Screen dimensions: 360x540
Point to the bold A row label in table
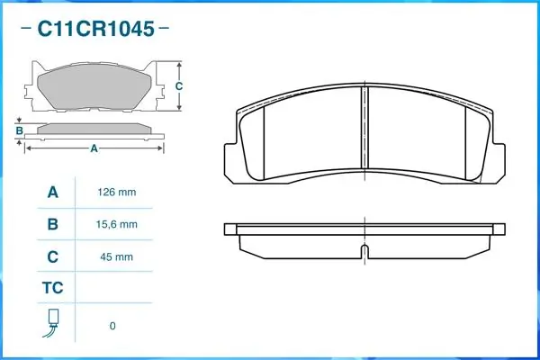coord(52,193)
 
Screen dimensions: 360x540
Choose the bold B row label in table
coord(52,224)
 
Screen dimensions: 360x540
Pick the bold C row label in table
coord(52,256)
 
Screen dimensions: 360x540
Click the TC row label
coord(52,289)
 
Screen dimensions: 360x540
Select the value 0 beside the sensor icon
coord(112,326)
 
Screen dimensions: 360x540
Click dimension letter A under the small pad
coord(93,149)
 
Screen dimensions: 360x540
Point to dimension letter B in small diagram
coord(19,131)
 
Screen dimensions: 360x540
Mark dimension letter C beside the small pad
coord(179,86)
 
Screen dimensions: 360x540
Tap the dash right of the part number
coord(163,30)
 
